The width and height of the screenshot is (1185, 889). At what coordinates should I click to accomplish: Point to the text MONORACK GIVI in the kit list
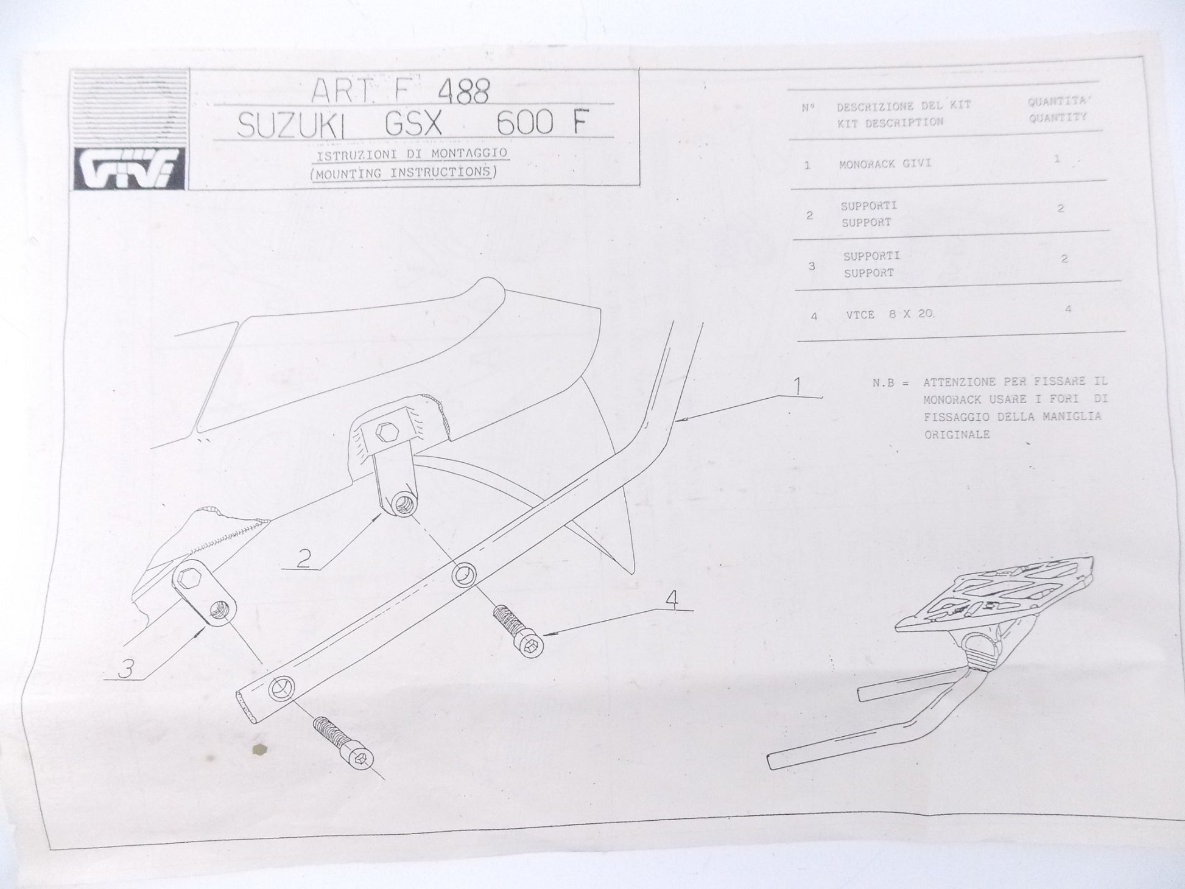tap(885, 164)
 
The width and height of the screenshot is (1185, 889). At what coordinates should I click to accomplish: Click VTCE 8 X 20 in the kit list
tap(890, 315)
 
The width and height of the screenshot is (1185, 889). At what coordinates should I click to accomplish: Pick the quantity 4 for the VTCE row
tap(1067, 309)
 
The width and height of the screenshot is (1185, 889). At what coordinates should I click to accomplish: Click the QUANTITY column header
tap(1058, 118)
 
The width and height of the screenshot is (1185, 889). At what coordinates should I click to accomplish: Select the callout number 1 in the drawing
tap(798, 386)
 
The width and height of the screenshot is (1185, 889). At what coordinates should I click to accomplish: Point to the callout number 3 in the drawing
tap(125, 669)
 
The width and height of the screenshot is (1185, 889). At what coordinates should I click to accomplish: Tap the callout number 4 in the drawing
tap(671, 600)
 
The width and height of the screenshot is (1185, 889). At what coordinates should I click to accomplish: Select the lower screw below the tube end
tap(343, 741)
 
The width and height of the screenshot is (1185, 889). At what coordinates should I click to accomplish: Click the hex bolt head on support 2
tap(385, 433)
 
